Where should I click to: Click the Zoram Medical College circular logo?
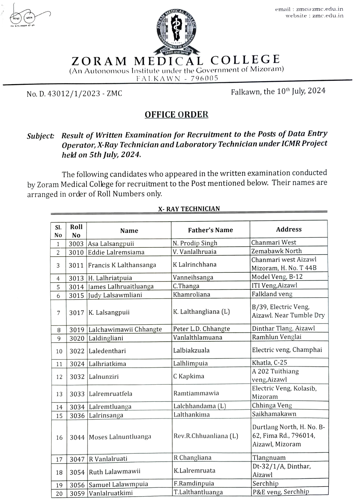coord(177,32)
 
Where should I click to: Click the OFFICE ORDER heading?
coord(177,115)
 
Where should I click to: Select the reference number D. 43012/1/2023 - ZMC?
coord(74,94)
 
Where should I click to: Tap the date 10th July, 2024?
coord(278,91)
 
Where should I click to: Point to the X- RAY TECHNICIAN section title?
coord(189,209)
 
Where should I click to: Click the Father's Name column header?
coord(210,230)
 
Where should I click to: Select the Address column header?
coord(289,229)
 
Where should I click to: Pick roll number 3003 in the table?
coord(76,244)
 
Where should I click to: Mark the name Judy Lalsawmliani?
coord(115,295)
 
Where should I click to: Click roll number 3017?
coord(77,313)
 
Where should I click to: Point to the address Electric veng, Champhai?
coord(287,350)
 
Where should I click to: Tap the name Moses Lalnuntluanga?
coord(120,437)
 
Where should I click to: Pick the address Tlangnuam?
coord(269,458)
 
